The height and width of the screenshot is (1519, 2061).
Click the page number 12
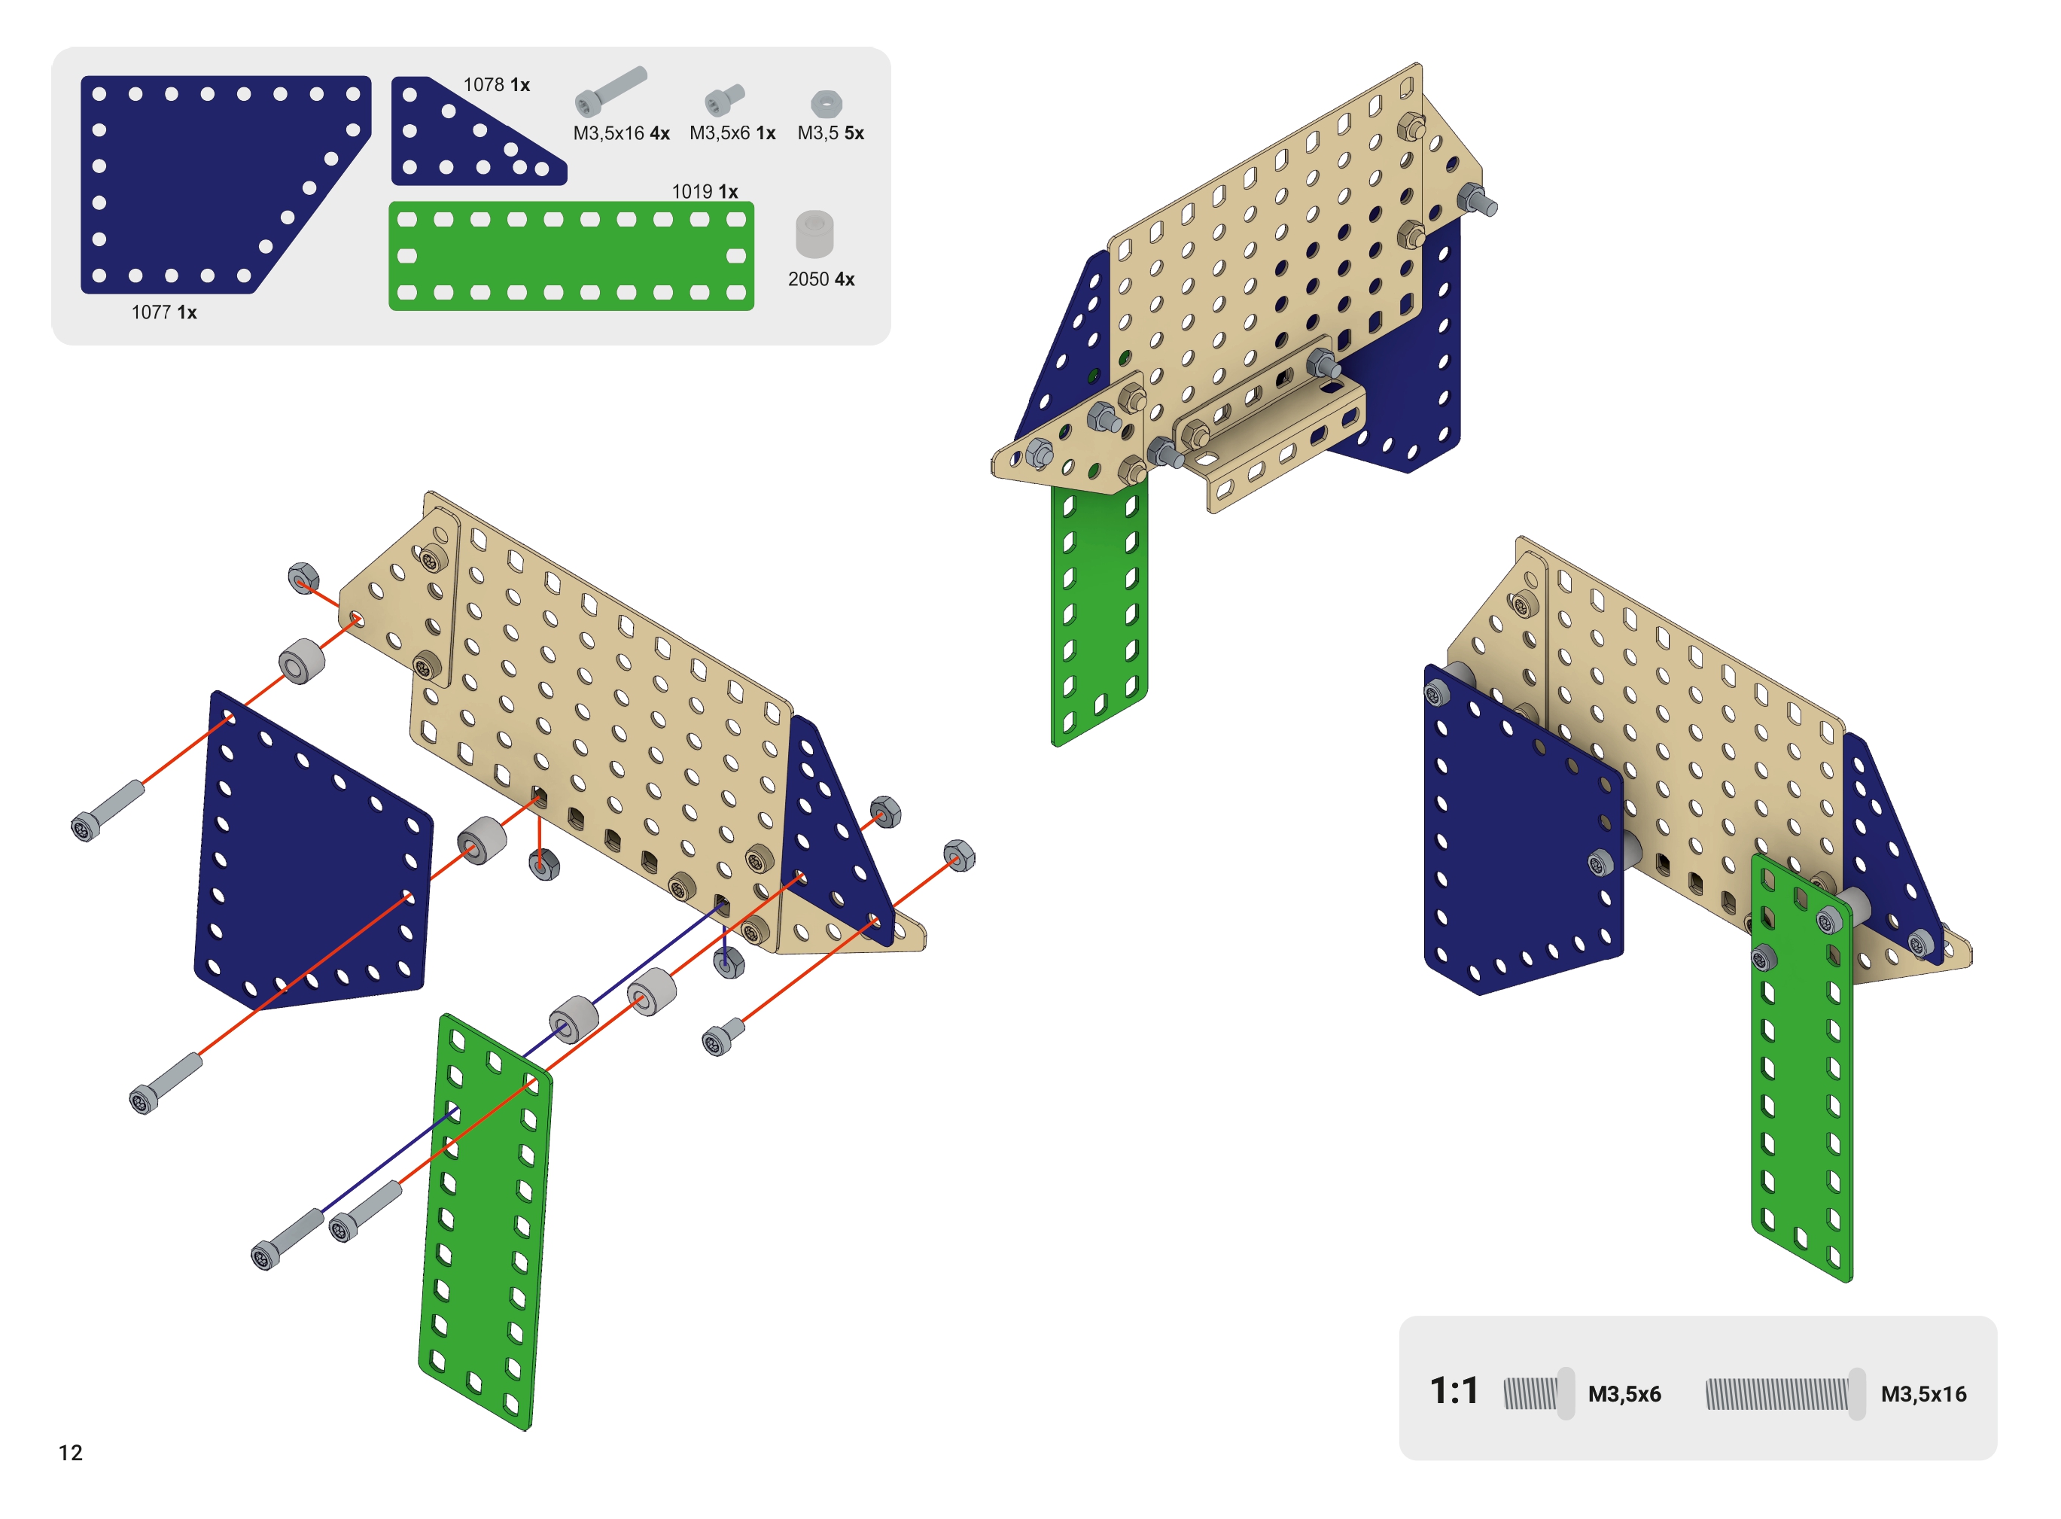[x=71, y=1453]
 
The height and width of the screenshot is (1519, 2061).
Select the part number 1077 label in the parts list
[x=151, y=312]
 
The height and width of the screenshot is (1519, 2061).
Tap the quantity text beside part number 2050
[x=844, y=279]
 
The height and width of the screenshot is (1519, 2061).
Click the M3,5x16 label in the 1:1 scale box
[x=1923, y=1394]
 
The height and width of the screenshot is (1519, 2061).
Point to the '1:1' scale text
[x=1454, y=1391]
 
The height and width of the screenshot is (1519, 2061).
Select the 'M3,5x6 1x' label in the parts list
[x=732, y=133]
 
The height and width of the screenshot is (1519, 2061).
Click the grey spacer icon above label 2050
[x=814, y=234]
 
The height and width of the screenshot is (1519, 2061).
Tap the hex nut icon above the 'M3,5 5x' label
[x=827, y=104]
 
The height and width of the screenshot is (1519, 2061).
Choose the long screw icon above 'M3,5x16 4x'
[x=610, y=91]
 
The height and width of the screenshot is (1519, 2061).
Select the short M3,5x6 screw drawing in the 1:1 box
[x=1539, y=1394]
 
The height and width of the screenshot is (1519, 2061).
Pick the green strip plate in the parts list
[x=571, y=257]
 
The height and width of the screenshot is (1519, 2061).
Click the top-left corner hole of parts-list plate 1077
[x=99, y=94]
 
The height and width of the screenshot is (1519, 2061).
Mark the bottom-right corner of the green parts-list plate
[x=753, y=310]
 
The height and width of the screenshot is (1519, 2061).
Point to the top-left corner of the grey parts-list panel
[x=53, y=49]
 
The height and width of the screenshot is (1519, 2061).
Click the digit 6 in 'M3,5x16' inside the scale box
[x=1959, y=1394]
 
